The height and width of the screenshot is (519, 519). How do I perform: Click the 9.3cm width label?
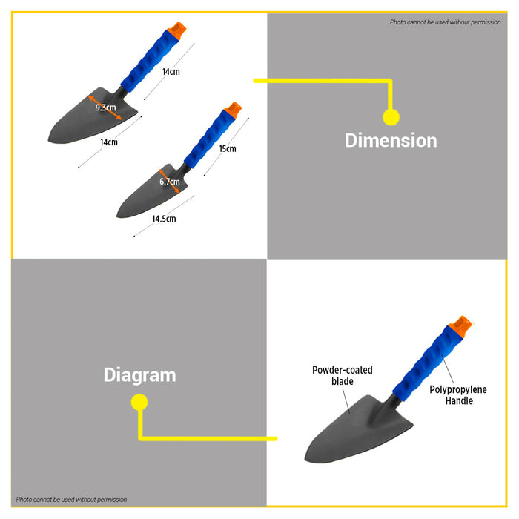(x=106, y=108)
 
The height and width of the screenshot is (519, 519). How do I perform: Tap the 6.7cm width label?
(x=170, y=182)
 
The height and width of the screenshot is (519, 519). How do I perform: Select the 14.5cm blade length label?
(x=164, y=219)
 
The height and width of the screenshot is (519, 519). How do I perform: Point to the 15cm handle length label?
(x=228, y=148)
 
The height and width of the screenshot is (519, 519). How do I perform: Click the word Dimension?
(x=391, y=140)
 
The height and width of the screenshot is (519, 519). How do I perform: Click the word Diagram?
(x=139, y=376)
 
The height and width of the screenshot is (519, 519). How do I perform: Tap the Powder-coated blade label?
(x=343, y=375)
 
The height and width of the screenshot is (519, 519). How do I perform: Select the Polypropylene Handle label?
(x=458, y=395)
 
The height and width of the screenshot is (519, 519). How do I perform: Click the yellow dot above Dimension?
(x=391, y=117)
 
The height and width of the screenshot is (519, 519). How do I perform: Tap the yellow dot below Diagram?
(x=139, y=402)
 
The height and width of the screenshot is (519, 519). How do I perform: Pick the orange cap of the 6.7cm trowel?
(x=233, y=110)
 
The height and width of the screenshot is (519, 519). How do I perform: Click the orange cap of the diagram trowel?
(x=460, y=326)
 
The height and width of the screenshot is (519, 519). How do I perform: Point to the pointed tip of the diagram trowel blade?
(x=305, y=460)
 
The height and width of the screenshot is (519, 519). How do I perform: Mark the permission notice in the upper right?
(x=445, y=22)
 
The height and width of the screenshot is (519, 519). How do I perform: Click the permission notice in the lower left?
(x=71, y=500)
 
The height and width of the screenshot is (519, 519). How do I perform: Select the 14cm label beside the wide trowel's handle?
(x=171, y=72)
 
